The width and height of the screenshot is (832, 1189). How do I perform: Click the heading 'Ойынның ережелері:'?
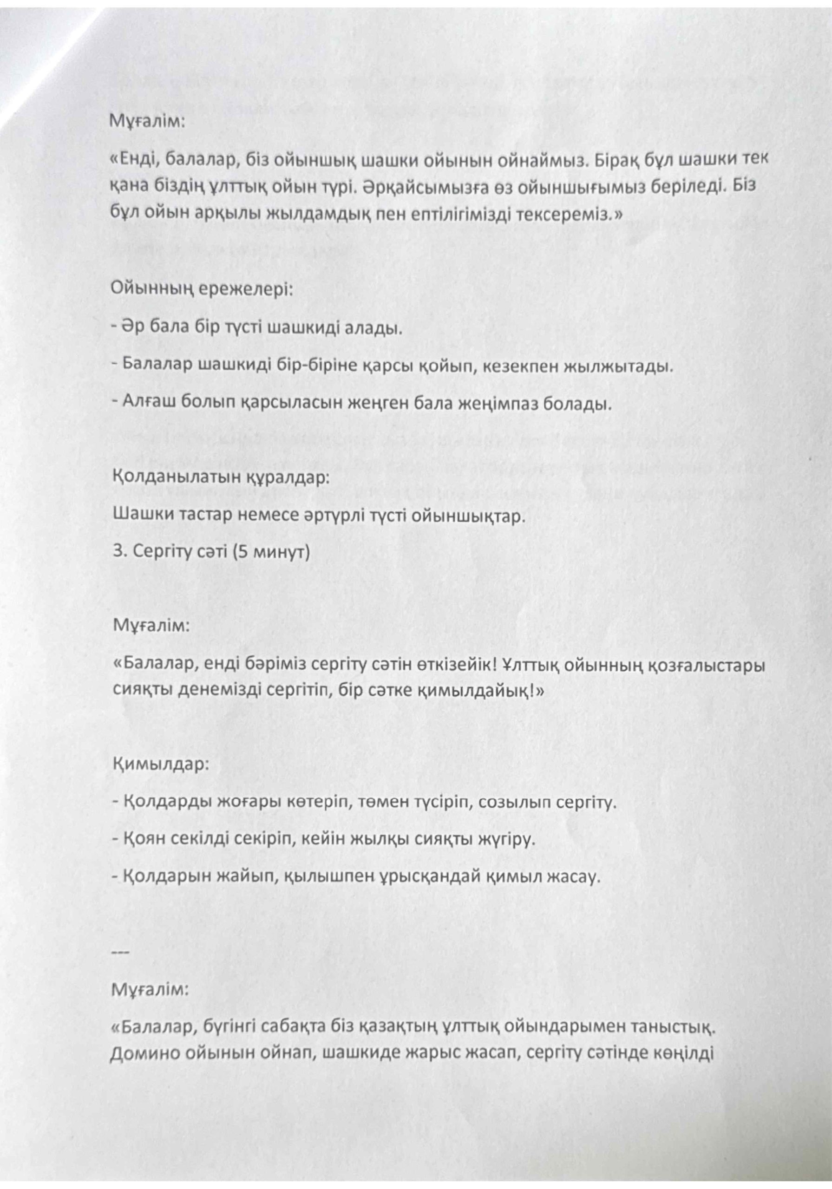[x=203, y=288]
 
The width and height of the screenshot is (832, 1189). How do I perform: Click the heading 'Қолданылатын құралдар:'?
[x=221, y=477]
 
